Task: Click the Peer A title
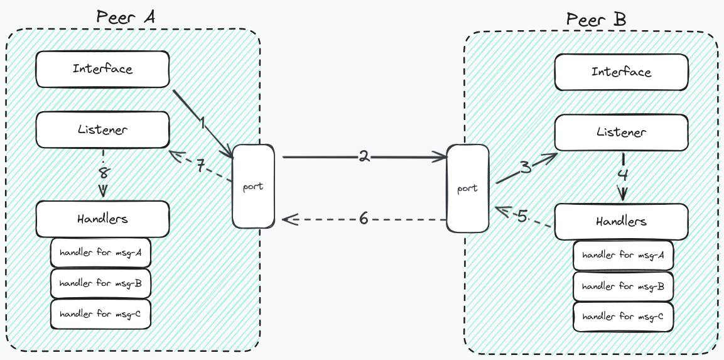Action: click(126, 16)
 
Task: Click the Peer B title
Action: click(596, 19)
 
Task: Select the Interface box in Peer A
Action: click(102, 69)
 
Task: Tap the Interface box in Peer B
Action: click(621, 72)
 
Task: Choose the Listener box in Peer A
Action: click(102, 130)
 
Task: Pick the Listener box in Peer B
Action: click(621, 133)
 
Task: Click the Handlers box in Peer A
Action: click(102, 219)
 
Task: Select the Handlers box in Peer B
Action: click(621, 221)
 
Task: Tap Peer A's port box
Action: click(253, 186)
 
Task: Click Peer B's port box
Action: click(467, 188)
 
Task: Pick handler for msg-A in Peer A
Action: click(100, 253)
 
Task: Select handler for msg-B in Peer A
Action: click(100, 283)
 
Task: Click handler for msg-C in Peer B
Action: click(623, 317)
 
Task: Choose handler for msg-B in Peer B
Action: click(623, 286)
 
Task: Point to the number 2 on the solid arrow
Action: click(364, 157)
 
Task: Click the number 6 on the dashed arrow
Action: click(364, 219)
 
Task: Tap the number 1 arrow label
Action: click(202, 123)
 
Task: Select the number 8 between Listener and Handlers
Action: click(103, 172)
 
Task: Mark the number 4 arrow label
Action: click(622, 175)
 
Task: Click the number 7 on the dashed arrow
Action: click(201, 166)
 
